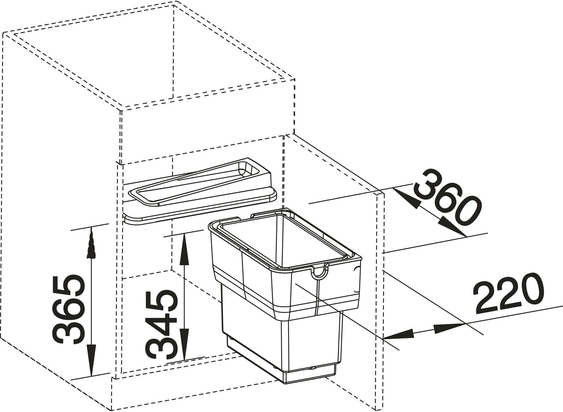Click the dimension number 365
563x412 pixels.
coord(67,309)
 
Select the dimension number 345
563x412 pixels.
coord(162,325)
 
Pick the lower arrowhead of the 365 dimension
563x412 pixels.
coord(92,367)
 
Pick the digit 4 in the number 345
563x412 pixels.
coord(162,324)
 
